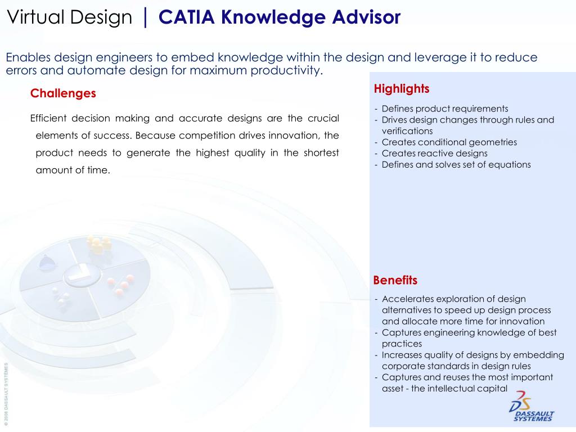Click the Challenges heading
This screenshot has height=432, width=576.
[63, 93]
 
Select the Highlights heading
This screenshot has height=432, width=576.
[401, 89]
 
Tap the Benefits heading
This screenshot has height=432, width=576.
[395, 280]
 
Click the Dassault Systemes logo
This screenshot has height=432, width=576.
[532, 406]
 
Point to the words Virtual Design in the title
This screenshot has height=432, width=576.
[69, 17]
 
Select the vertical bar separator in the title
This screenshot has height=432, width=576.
[145, 17]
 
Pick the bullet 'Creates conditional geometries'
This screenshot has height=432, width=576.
[449, 142]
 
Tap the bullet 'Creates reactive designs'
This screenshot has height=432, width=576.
[434, 154]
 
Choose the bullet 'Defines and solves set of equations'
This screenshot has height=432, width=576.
[456, 165]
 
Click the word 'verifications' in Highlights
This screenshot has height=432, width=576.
[407, 131]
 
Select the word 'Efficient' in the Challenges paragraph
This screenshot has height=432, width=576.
[48, 118]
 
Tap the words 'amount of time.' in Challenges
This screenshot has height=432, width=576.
[73, 170]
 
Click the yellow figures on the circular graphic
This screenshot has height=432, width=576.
[98, 244]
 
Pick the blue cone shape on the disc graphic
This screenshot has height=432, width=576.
[47, 261]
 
